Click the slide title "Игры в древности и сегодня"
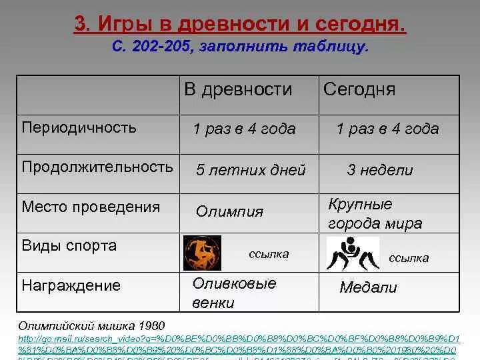239,26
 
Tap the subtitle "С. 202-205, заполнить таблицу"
239,47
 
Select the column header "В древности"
238,89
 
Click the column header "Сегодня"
359,89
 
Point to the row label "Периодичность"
79,127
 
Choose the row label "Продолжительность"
97,167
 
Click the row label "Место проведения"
91,207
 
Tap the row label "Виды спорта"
69,245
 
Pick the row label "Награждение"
71,286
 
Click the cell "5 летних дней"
251,170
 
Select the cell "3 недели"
379,170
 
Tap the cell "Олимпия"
229,212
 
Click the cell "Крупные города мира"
375,213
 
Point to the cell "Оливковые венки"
234,293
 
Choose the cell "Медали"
367,288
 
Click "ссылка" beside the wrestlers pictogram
409,258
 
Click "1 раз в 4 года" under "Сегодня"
387,129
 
